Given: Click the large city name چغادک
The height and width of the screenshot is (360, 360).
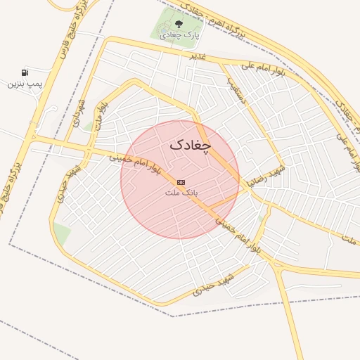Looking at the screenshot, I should [190, 145].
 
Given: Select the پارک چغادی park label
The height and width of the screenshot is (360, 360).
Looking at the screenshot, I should [178, 34].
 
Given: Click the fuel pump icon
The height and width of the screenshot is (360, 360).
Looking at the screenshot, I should [25, 73].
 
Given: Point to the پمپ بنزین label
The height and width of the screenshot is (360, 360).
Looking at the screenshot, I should [25, 84].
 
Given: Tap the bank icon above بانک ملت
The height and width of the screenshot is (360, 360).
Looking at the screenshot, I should [181, 182].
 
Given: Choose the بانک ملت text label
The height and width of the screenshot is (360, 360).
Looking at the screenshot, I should [182, 192].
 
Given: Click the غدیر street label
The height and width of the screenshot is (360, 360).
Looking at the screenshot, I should [197, 56].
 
